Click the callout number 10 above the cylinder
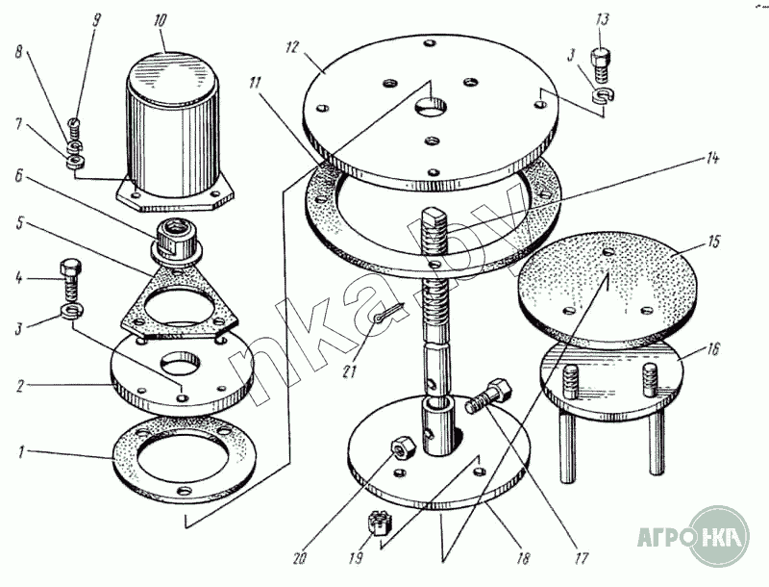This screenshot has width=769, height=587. [x=160, y=21]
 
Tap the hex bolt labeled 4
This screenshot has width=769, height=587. [x=70, y=281]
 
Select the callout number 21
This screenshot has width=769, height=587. [x=349, y=371]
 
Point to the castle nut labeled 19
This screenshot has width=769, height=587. [x=377, y=522]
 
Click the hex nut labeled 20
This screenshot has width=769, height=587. [x=403, y=447]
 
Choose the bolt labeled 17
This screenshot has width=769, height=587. [x=488, y=396]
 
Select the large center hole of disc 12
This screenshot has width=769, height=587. [x=432, y=107]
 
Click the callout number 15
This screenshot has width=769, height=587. [x=713, y=242]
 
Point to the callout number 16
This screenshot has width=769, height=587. [x=712, y=349]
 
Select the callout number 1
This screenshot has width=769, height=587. [x=20, y=452]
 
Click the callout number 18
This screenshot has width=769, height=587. [x=524, y=558]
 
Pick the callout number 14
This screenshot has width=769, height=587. [x=712, y=159]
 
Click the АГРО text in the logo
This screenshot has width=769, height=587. [x=664, y=537]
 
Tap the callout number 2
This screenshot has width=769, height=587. [x=19, y=386]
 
